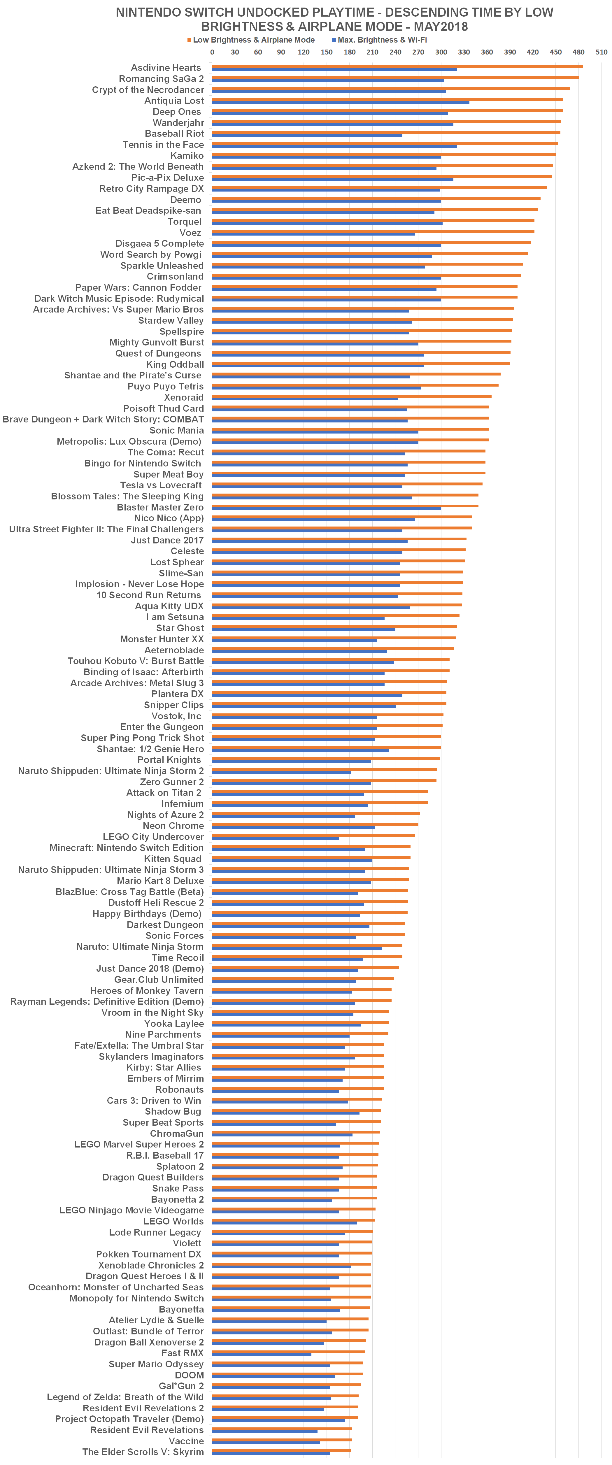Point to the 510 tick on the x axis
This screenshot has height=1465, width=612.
[x=601, y=52]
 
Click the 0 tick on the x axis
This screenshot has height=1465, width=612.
[x=212, y=52]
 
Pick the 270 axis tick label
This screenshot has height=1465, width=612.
[x=418, y=52]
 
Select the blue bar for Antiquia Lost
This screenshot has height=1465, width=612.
[x=340, y=102]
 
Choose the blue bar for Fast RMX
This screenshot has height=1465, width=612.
[x=262, y=1355]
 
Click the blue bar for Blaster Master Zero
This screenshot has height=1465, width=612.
[x=327, y=508]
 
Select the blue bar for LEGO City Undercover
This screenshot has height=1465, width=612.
[x=275, y=838]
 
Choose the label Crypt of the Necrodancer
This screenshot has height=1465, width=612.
[x=148, y=90]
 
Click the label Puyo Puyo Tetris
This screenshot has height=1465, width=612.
[x=166, y=386]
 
